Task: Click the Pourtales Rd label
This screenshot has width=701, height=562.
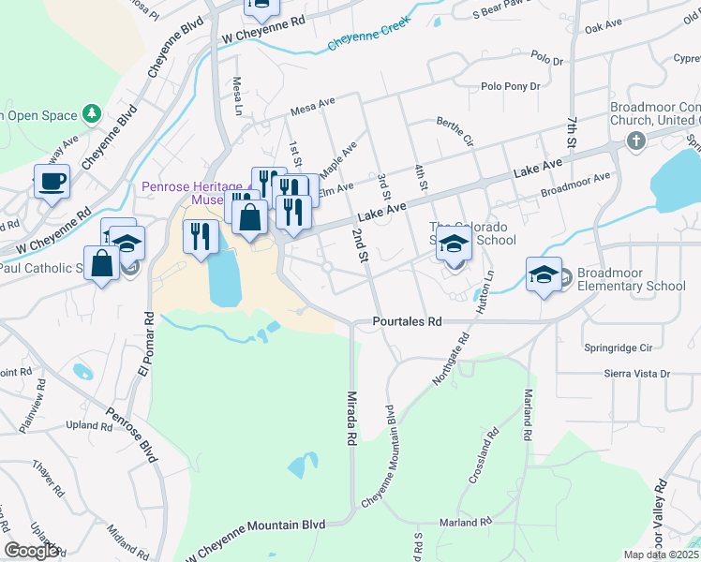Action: click(407, 320)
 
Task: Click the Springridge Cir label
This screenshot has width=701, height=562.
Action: click(617, 347)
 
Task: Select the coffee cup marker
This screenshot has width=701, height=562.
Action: click(52, 180)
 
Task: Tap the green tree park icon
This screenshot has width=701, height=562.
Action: click(91, 114)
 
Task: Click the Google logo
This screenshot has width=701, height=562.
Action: click(31, 551)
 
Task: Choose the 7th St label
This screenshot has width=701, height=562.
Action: click(571, 130)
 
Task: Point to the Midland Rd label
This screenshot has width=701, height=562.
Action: click(123, 540)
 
